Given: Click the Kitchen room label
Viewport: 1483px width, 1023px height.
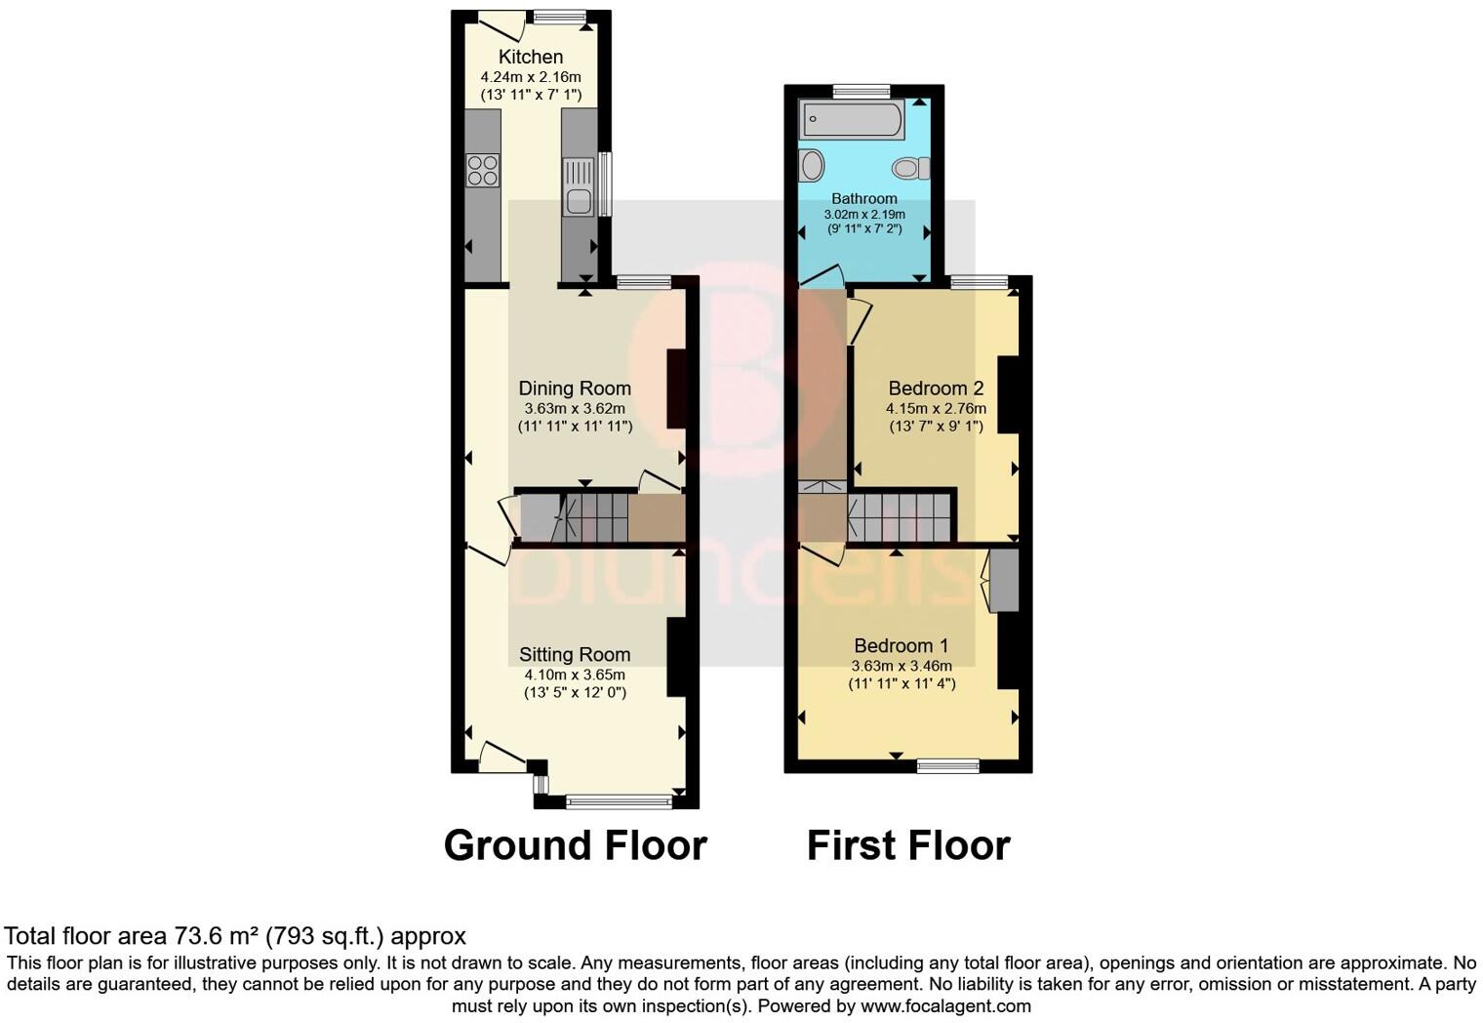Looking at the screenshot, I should click(530, 57).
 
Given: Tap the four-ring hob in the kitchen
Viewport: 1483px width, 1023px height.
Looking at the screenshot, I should click(483, 171).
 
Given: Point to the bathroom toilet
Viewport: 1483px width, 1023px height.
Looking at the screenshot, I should click(910, 169).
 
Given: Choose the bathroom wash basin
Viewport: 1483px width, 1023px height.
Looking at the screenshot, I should click(811, 166).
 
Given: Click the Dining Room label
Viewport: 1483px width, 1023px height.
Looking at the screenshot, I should click(575, 389).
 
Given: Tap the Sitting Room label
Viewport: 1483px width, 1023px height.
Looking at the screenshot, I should click(575, 655).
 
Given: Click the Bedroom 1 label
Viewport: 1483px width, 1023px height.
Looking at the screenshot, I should click(901, 645).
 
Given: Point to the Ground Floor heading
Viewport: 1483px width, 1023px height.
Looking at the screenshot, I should click(575, 845).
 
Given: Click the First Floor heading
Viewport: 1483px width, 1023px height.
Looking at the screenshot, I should click(908, 845).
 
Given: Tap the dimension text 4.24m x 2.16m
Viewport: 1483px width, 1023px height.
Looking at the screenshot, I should click(530, 77).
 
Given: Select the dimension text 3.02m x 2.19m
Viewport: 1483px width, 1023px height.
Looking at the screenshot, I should click(864, 215).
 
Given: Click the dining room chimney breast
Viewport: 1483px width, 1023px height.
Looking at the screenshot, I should click(675, 389).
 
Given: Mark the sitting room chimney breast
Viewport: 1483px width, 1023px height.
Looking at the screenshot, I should click(675, 656).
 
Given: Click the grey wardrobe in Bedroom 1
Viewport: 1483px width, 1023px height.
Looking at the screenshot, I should click(1004, 581).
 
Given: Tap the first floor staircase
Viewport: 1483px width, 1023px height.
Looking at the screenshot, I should click(899, 517).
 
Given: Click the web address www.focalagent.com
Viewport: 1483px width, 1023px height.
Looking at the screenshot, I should click(945, 1005).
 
